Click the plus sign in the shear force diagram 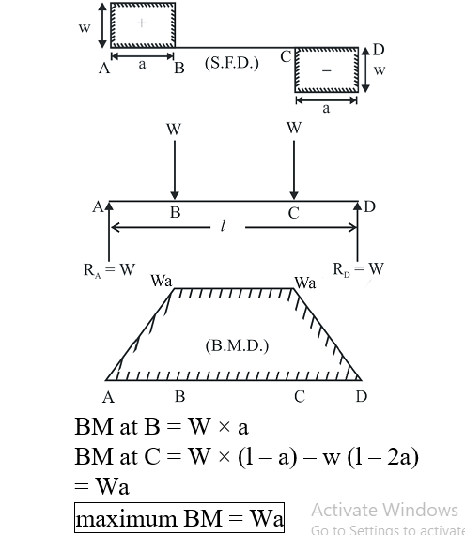click(x=141, y=23)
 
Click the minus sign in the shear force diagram click(x=326, y=70)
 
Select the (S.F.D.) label click(x=232, y=63)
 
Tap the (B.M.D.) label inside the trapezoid click(x=237, y=346)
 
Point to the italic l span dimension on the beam click(x=223, y=225)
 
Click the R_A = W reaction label click(x=109, y=270)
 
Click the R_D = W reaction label click(x=359, y=269)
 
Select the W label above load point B click(x=174, y=130)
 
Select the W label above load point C click(x=294, y=128)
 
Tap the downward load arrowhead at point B click(x=175, y=195)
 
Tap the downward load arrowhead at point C click(x=294, y=195)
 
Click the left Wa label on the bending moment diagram click(x=162, y=282)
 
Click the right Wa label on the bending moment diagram click(x=305, y=283)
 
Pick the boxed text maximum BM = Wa click(x=179, y=517)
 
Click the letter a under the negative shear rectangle click(x=326, y=109)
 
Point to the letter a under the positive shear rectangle click(x=143, y=64)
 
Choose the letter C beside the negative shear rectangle click(x=286, y=56)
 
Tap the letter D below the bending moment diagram click(x=362, y=396)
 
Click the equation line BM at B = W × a click(x=162, y=426)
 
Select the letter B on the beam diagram click(x=175, y=212)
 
